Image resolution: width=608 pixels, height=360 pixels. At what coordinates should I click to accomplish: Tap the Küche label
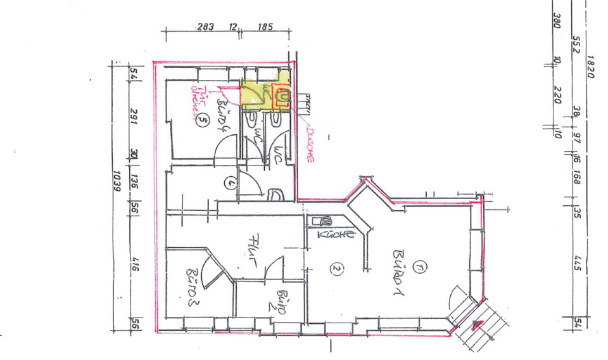334,234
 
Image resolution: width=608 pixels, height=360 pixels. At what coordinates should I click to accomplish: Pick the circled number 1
418,268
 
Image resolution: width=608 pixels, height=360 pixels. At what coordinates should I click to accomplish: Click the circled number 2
336,269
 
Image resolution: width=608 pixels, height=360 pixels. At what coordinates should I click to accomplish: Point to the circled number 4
229,184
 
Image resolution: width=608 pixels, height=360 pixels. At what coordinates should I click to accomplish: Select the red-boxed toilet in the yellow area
282,96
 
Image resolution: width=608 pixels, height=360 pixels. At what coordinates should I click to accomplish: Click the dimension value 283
205,27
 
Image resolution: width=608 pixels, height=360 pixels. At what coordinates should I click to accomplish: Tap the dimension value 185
265,27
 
